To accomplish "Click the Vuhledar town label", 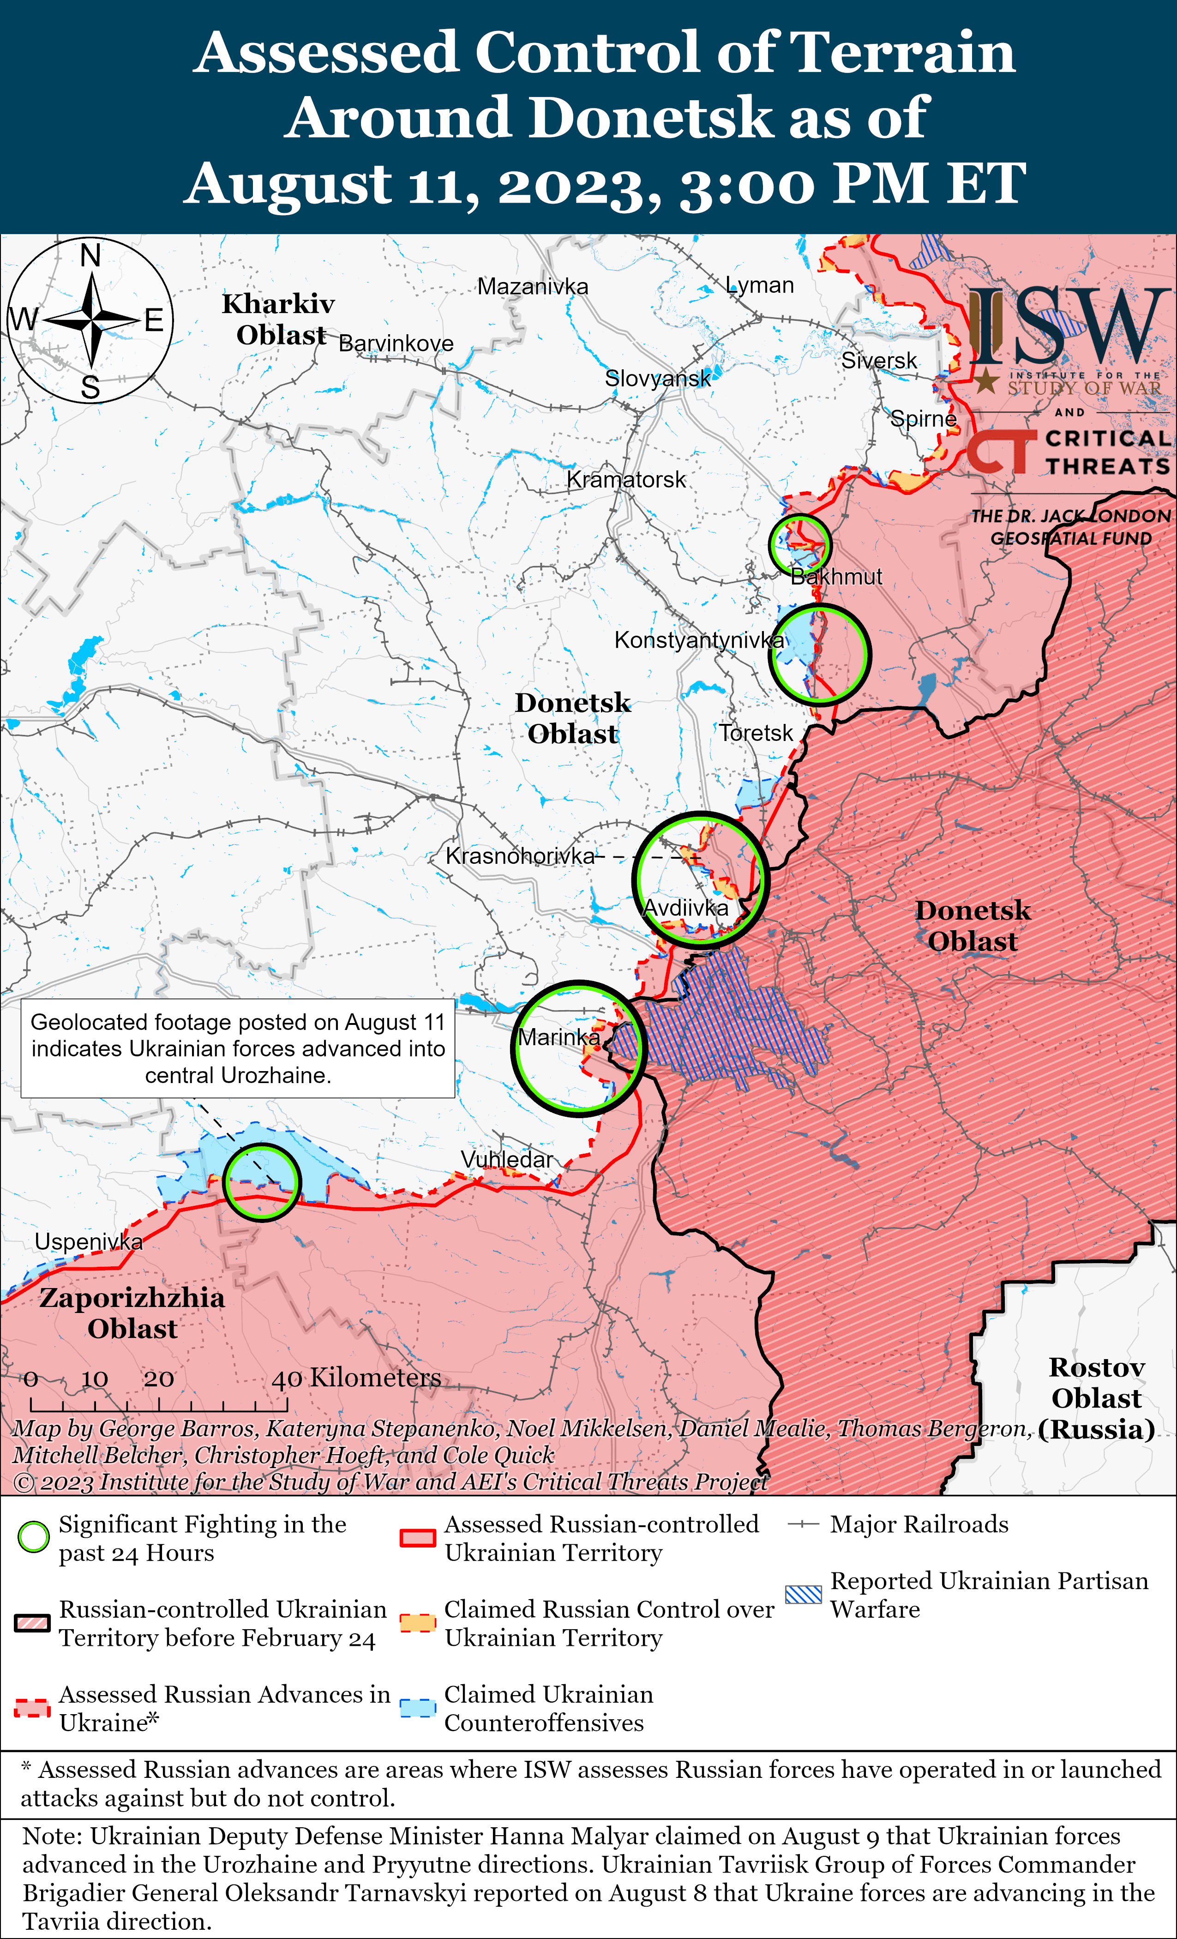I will coord(507,1159).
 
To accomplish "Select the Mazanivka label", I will coord(533,286).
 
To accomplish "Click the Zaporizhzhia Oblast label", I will coord(132,1313).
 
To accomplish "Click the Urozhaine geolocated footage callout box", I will coord(238,1048).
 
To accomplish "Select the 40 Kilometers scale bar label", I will coord(355,1378).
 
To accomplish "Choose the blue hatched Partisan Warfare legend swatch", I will coord(803,1594).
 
